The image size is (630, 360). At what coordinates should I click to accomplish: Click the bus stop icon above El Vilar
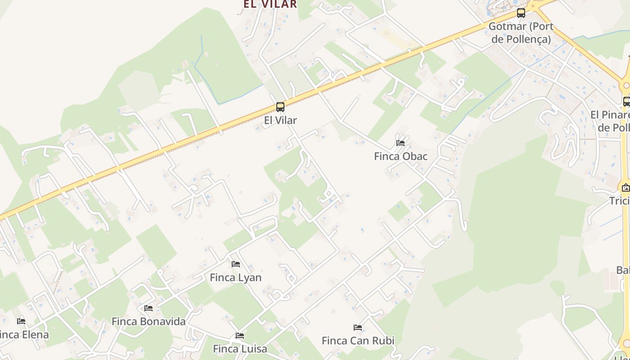pos(280,107)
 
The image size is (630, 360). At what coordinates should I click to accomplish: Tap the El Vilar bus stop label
pos(280,121)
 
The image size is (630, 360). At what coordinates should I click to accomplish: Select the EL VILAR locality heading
pos(270,4)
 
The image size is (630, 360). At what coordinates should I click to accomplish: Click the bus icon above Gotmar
pos(521,13)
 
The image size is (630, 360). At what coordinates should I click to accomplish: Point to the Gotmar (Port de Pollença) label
pos(521,33)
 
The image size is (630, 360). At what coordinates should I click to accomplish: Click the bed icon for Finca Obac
pos(400,143)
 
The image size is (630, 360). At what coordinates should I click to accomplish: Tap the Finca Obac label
pos(401,157)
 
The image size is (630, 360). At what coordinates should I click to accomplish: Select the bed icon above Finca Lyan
pos(236,264)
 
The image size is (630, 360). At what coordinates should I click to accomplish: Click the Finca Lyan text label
pos(236,278)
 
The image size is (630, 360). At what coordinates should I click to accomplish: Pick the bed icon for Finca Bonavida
pos(148,308)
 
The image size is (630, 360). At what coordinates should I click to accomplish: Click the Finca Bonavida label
pos(148,322)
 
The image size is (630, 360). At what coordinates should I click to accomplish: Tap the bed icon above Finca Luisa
pos(240,336)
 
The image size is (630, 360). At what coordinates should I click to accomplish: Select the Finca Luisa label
pos(240,349)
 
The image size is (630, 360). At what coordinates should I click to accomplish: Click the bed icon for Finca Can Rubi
pos(358,328)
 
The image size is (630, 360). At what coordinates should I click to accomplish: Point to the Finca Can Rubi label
pos(358,341)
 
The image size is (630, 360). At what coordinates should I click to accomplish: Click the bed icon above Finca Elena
pos(21,321)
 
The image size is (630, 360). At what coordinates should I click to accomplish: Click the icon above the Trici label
pos(625,188)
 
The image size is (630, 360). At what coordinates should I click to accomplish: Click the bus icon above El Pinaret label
pos(626,102)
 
